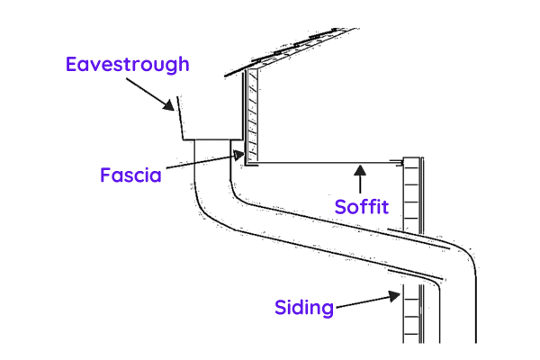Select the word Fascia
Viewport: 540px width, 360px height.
(x=130, y=175)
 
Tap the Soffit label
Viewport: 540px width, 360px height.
(x=361, y=207)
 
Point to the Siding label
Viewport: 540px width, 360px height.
(x=304, y=308)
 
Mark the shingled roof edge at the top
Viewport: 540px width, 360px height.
(x=297, y=45)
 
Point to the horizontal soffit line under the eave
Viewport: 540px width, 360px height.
(x=324, y=163)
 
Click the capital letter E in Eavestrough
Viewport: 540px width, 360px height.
(x=72, y=64)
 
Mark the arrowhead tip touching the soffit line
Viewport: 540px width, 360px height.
(x=359, y=166)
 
